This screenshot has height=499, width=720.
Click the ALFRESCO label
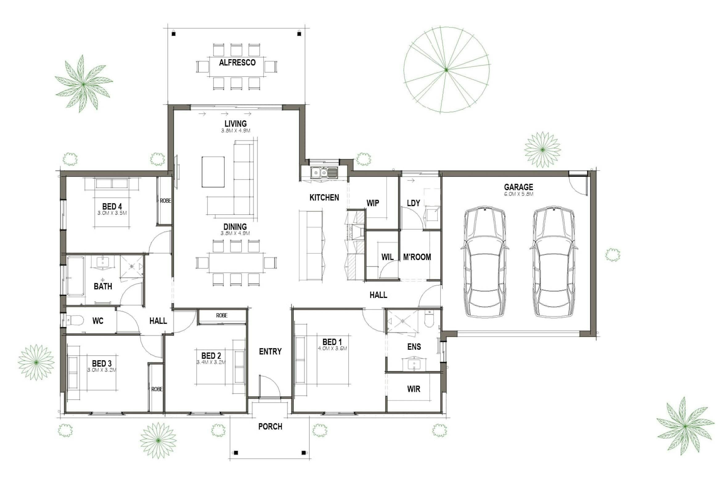click(x=237, y=63)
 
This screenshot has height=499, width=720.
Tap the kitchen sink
click(x=324, y=172)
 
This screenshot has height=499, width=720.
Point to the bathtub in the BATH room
click(x=76, y=275)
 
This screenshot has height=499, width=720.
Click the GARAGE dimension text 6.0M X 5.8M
click(x=518, y=194)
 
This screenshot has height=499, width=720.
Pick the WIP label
click(x=373, y=203)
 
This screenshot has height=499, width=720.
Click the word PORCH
click(x=270, y=427)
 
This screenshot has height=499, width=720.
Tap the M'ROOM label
click(x=417, y=257)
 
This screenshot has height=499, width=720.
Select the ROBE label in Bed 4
click(x=166, y=201)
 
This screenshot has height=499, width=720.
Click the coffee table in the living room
click(x=213, y=172)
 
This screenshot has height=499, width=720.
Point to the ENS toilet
click(x=429, y=319)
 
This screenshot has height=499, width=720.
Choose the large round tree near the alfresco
click(x=446, y=69)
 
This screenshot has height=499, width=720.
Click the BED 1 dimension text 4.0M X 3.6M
click(x=332, y=348)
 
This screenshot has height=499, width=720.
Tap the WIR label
click(x=414, y=389)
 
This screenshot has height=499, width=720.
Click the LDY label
click(x=413, y=203)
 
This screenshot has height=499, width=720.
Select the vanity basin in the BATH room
click(x=103, y=262)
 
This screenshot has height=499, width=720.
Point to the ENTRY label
click(x=270, y=351)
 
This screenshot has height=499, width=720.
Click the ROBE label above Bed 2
click(x=222, y=315)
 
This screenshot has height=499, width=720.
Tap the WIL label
click(x=387, y=257)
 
